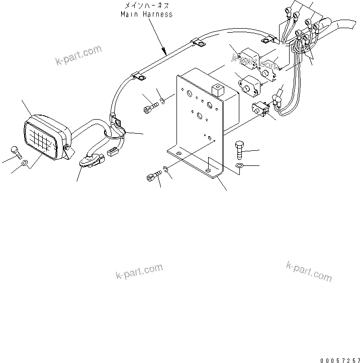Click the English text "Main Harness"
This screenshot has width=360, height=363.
point(146,14)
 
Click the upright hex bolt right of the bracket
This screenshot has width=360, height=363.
point(239,150)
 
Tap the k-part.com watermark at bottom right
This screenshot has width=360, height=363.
point(309,271)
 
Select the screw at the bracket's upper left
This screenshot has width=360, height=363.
point(151,108)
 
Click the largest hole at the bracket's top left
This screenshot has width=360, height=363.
point(187,94)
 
